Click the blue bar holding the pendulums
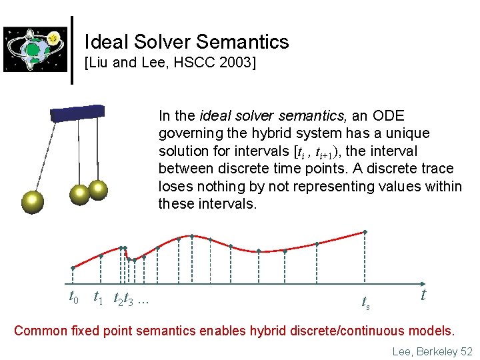(x=77, y=113)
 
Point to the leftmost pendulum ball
(x=31, y=201)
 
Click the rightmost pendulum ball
(x=99, y=189)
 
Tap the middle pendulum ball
(x=80, y=194)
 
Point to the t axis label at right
(x=423, y=294)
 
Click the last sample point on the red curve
(x=365, y=232)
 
